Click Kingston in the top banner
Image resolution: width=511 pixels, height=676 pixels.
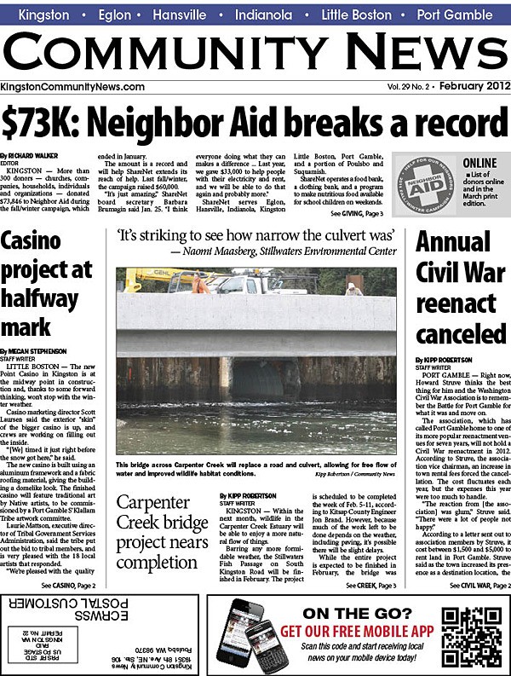43,15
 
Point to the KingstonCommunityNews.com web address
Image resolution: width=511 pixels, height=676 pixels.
72,87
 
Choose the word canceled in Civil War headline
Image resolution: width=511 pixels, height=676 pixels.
460,331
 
